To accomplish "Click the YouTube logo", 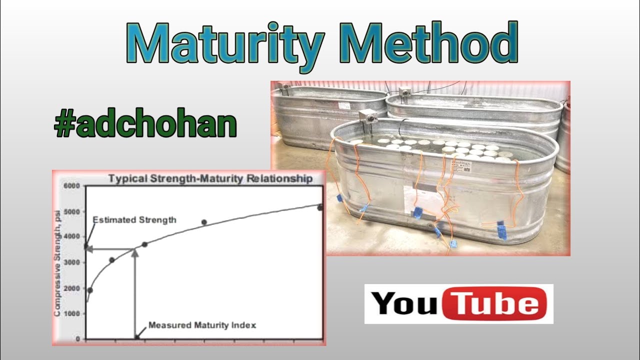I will (x=458, y=303).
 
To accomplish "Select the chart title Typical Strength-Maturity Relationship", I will (x=210, y=178).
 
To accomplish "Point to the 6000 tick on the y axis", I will (x=71, y=186).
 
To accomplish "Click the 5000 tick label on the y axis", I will (x=71, y=211).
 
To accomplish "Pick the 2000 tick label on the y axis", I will (x=71, y=288).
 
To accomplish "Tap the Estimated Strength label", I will (x=134, y=219).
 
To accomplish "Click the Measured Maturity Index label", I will (x=202, y=325).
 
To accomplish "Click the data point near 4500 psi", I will (x=204, y=222).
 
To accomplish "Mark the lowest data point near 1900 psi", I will (x=90, y=290).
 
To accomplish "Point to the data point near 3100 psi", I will (x=112, y=260).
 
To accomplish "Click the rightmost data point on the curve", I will (x=320, y=207).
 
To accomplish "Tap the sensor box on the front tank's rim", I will (x=369, y=117).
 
